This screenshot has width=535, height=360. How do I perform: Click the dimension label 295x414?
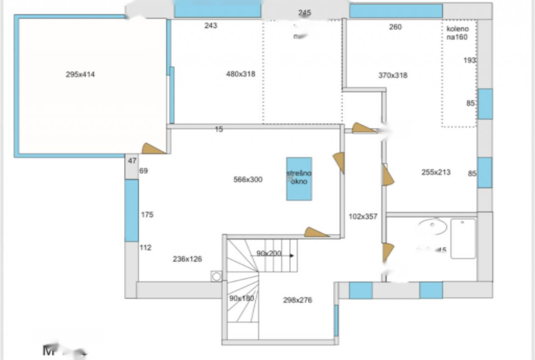80,75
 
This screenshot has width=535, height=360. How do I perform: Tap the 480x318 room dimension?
240,74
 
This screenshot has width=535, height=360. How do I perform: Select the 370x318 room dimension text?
393,76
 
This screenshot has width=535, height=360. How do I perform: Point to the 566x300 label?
248,180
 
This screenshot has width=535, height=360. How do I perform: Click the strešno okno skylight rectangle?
299,179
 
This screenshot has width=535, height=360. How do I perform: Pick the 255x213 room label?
436,172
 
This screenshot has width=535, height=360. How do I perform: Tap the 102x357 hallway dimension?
363,216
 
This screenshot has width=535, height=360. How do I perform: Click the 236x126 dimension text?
187,259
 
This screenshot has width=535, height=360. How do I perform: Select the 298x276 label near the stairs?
298,300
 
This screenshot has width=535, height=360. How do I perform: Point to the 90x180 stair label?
242,298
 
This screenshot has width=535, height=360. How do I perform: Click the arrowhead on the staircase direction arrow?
292,255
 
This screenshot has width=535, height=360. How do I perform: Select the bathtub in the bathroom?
463,238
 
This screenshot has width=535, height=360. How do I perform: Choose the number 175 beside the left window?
147,215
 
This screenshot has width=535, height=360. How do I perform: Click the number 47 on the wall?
132,161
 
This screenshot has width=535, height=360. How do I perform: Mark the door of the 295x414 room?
153,149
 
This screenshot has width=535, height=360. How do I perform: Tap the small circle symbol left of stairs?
217,276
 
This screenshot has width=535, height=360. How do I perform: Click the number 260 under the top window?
395,27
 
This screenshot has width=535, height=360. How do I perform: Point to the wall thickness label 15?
219,129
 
